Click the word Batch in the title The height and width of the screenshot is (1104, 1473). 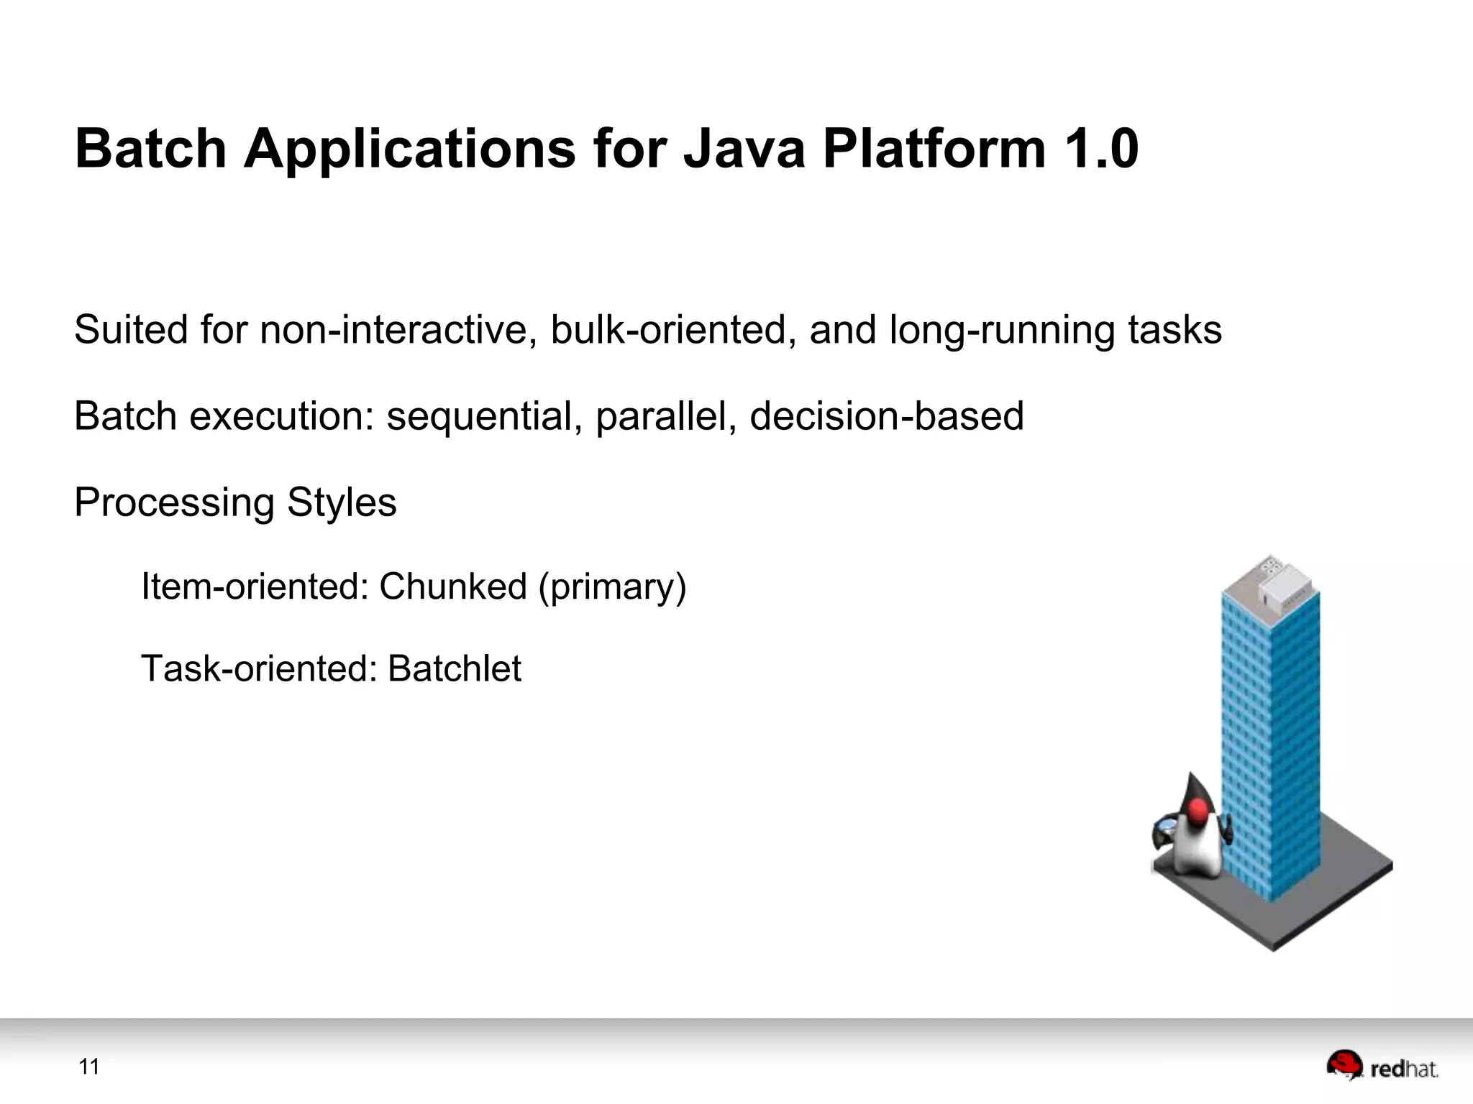point(150,149)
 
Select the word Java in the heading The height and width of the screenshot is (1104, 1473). point(744,149)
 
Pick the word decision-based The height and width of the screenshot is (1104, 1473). point(886,416)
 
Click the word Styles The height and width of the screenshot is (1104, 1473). point(342,502)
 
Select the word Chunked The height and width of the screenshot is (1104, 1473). point(453,586)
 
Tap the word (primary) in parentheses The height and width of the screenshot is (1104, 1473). point(613,587)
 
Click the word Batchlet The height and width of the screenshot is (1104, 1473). point(454,668)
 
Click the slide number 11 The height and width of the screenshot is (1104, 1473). point(89,1067)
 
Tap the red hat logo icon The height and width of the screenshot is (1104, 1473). point(1344,1064)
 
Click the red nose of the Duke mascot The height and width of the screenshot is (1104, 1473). point(1197,813)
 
